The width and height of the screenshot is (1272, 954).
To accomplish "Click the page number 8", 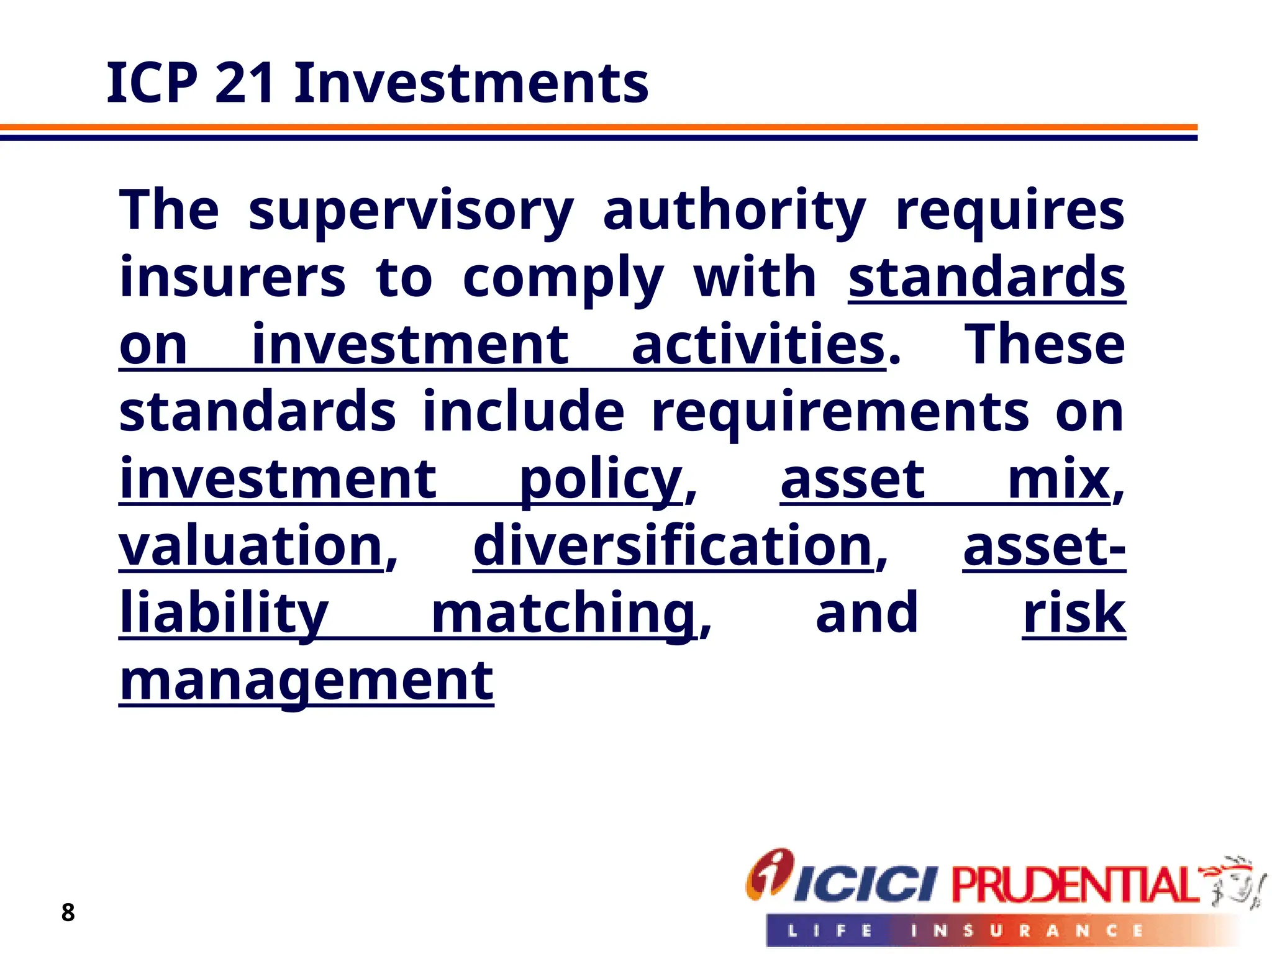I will [x=68, y=912].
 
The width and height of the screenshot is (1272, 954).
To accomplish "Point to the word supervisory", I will [x=411, y=211].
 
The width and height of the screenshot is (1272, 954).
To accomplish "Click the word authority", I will [x=734, y=211].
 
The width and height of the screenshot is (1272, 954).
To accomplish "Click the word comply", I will [x=563, y=278].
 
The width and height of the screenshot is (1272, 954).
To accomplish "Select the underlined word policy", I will [x=601, y=479].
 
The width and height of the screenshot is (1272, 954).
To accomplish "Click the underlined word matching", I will [x=563, y=614].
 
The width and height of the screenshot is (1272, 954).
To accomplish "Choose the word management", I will [x=307, y=681].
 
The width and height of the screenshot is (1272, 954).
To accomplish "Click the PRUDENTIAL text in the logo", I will [x=1074, y=884].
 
